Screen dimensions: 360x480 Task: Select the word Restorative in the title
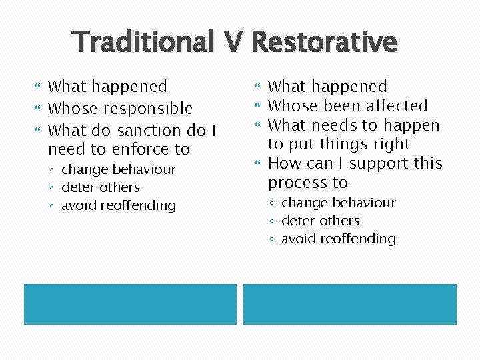[324, 43]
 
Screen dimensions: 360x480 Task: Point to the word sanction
[143, 131]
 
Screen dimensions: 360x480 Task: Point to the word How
[283, 164]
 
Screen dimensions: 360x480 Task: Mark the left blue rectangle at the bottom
[130, 304]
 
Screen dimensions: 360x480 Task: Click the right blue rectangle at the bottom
[350, 304]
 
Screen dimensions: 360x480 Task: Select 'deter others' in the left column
[100, 188]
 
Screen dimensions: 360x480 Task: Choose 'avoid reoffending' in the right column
[338, 239]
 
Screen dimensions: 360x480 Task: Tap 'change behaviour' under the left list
[118, 170]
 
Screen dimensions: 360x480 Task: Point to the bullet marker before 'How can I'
[259, 163]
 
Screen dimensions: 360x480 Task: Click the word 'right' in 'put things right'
[391, 145]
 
